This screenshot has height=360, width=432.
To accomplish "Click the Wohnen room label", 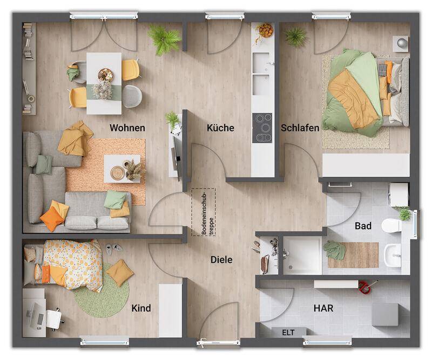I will (127, 128).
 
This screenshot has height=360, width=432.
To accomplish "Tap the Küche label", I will (220, 128).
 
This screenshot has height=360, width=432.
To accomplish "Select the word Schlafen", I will (300, 128).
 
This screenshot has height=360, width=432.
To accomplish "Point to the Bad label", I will (363, 226).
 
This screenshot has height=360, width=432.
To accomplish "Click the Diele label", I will (221, 260).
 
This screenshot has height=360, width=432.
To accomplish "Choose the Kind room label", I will (141, 309).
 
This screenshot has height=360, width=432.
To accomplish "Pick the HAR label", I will (323, 309).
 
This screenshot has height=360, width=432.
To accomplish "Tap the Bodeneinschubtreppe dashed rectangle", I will (203, 212).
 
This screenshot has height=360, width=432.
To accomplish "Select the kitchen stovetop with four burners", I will (264, 128).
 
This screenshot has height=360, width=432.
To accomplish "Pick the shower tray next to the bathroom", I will (302, 255).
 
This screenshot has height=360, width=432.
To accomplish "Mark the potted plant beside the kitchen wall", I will (173, 119).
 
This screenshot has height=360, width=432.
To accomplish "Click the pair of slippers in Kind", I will (114, 249).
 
